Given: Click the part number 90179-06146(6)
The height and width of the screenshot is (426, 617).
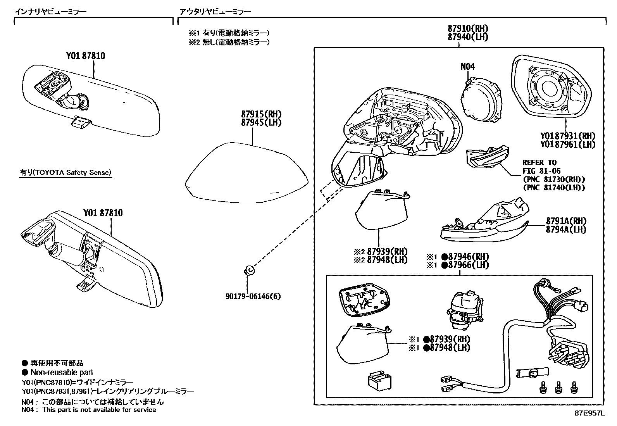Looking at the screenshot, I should [253, 297].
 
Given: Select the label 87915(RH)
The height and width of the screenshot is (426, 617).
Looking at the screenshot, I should [261, 114].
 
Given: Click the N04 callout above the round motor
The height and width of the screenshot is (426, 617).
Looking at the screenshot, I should [467, 66].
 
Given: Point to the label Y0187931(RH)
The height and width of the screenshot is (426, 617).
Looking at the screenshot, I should [568, 136].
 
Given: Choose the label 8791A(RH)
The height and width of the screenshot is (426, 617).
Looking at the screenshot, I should [566, 221].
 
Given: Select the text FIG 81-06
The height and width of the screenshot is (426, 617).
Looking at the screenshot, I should [541, 171].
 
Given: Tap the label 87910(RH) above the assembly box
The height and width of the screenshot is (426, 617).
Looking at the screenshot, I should [468, 28].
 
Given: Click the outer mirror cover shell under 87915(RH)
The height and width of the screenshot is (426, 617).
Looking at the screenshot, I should [246, 172].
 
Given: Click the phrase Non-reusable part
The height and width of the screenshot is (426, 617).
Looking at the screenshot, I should [62, 373].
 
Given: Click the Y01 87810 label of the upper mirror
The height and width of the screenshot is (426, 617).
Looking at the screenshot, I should [85, 56].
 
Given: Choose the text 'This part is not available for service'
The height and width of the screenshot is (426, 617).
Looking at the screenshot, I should [99, 410].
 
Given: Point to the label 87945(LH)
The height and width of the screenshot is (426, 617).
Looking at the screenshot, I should [261, 122].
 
